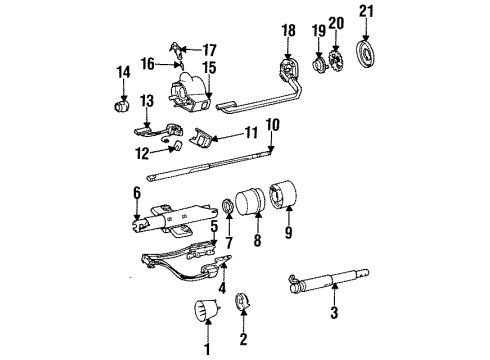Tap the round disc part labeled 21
point(369,51)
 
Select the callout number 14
point(124,72)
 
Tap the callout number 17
point(209,49)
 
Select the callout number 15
point(210,68)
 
